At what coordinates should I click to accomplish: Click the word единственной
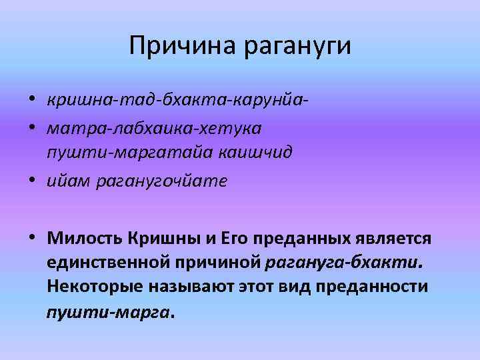[x=111, y=262]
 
